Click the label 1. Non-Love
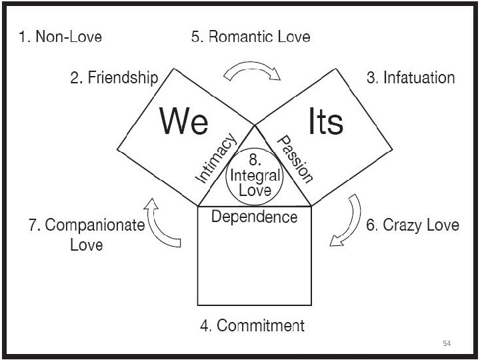coord(61,37)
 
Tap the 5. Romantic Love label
coord(251,37)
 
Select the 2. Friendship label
coord(114,78)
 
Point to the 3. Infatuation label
coord(411,78)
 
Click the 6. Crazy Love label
coord(413,225)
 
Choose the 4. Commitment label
coord(253,326)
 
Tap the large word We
coord(184,122)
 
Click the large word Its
coord(325,122)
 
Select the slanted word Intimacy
coord(217,158)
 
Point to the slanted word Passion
coord(295,158)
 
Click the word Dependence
coord(255,217)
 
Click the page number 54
coord(447,343)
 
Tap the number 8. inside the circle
coord(254,160)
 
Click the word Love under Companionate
coord(87,245)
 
